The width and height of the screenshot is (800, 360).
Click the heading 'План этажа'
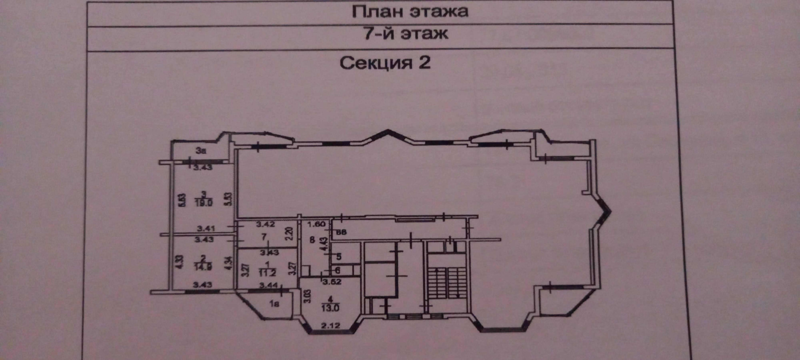click(410, 12)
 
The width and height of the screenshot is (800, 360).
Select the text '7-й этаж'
click(406, 33)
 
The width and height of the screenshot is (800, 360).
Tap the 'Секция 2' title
click(385, 63)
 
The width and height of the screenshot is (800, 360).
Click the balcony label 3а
click(201, 151)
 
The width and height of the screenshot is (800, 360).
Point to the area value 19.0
click(204, 203)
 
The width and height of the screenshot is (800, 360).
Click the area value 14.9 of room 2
click(203, 267)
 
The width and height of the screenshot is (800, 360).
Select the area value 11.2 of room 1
click(267, 273)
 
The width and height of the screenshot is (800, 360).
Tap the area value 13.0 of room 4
click(330, 308)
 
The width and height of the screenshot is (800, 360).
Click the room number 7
click(264, 237)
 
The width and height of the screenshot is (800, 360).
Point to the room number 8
click(312, 240)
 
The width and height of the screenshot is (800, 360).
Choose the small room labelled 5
click(339, 257)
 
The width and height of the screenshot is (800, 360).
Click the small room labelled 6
click(337, 270)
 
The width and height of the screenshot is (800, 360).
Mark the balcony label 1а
click(274, 304)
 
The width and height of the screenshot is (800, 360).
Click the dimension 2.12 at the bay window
click(331, 325)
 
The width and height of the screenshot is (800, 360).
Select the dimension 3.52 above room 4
click(332, 282)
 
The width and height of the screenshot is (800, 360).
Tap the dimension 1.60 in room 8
click(316, 224)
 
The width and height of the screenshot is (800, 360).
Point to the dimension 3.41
click(206, 228)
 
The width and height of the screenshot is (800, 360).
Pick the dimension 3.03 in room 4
click(307, 296)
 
